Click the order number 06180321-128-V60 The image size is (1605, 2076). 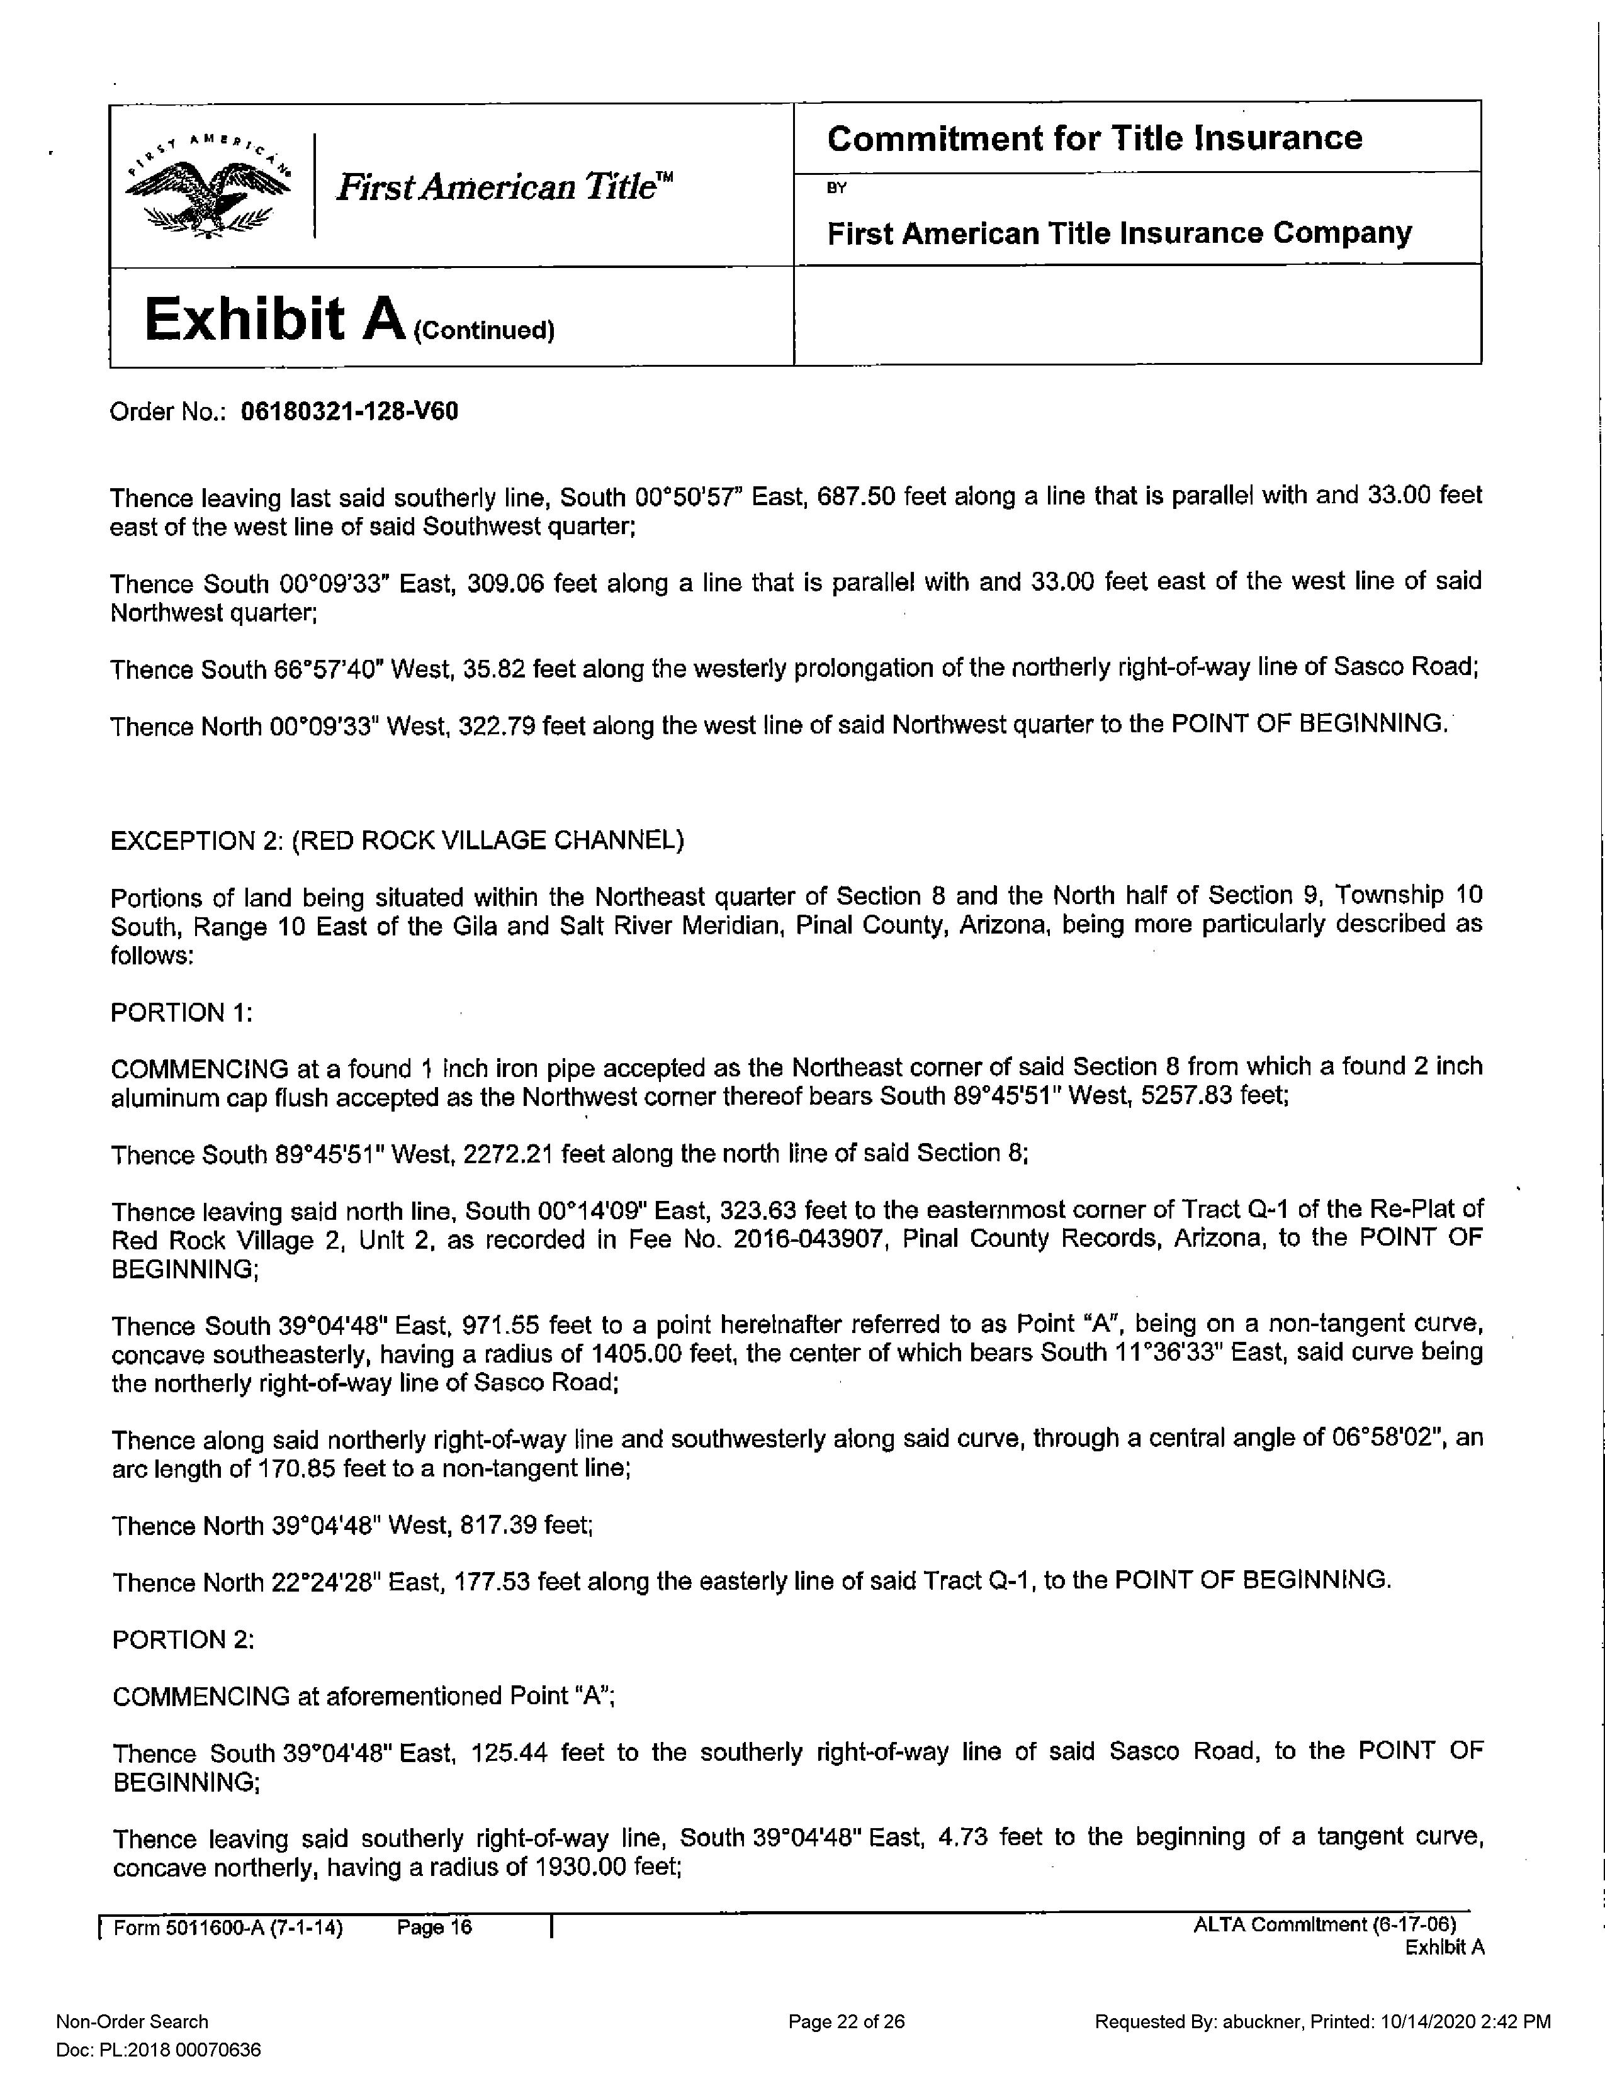349,411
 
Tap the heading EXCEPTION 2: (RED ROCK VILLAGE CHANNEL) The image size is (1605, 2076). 397,841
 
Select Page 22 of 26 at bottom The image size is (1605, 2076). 846,2022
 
